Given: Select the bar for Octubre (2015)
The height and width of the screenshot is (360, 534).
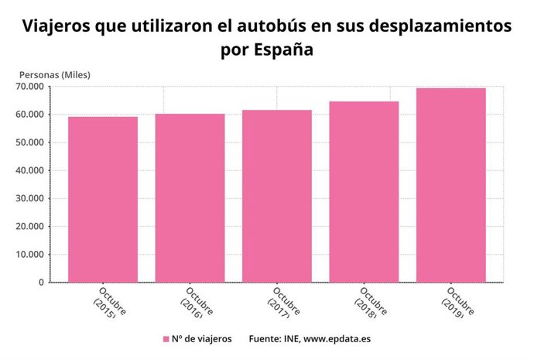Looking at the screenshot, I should coord(103,200).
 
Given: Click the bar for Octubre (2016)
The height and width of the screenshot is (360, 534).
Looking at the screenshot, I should coord(190,198).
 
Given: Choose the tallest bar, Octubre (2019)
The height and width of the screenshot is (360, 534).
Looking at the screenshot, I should coord(451,185).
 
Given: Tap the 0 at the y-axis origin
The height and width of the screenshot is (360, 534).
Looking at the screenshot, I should coord(40,283).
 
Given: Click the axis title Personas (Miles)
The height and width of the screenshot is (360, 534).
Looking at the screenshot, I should coord(55,74).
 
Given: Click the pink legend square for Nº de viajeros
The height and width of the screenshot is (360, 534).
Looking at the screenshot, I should coord(166,339).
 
